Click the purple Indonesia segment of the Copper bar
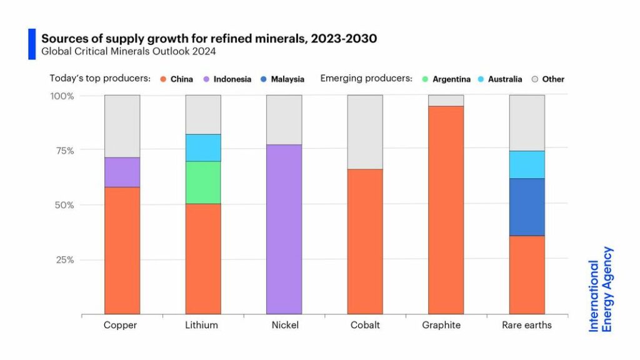(x=122, y=172)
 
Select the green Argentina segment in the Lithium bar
(x=203, y=182)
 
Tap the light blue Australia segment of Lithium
(x=203, y=147)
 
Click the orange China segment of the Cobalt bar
(x=365, y=241)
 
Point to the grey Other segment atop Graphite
(x=446, y=101)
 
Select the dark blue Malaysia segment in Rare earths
(x=527, y=207)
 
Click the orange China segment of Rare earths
(x=527, y=274)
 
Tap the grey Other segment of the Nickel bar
(x=284, y=120)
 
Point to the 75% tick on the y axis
(x=65, y=151)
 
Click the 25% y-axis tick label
(x=65, y=259)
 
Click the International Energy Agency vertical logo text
(x=601, y=289)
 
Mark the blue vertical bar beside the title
(x=32, y=44)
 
